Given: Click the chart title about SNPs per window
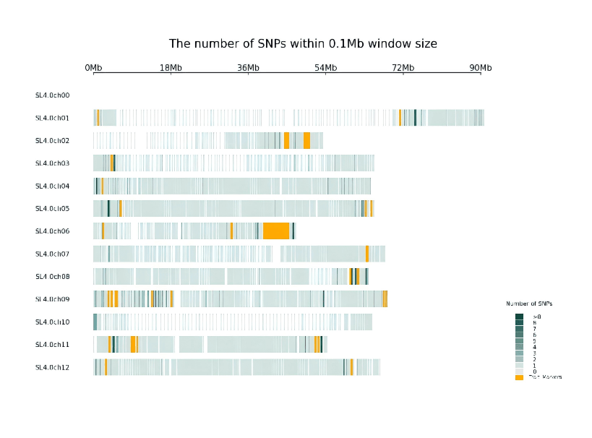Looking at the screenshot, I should click(303, 43).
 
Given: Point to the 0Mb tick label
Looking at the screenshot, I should click(93, 68).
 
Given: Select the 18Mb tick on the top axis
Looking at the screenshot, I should click(171, 68).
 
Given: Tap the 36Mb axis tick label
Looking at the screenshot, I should click(248, 68).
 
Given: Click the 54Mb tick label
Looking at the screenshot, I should click(325, 68).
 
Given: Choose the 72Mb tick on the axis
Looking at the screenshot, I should click(403, 68).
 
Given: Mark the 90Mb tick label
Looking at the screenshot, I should click(480, 68).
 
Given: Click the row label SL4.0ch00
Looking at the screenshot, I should click(52, 95).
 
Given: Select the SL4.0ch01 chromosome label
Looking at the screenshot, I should click(52, 118).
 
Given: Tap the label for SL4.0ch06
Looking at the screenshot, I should click(52, 231).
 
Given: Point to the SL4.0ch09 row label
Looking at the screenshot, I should click(52, 299).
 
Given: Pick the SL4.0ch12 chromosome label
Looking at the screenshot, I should click(52, 367).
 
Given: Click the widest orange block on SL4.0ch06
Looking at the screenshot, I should click(276, 231).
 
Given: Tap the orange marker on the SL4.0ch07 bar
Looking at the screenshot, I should click(367, 254).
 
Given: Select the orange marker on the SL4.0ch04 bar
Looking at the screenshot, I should click(102, 186).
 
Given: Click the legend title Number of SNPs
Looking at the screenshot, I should click(534, 304).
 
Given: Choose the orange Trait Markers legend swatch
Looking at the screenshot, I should click(519, 377).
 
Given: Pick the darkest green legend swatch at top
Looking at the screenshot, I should click(519, 317).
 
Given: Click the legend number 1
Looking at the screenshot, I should click(535, 366).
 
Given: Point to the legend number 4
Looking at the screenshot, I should click(535, 348).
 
